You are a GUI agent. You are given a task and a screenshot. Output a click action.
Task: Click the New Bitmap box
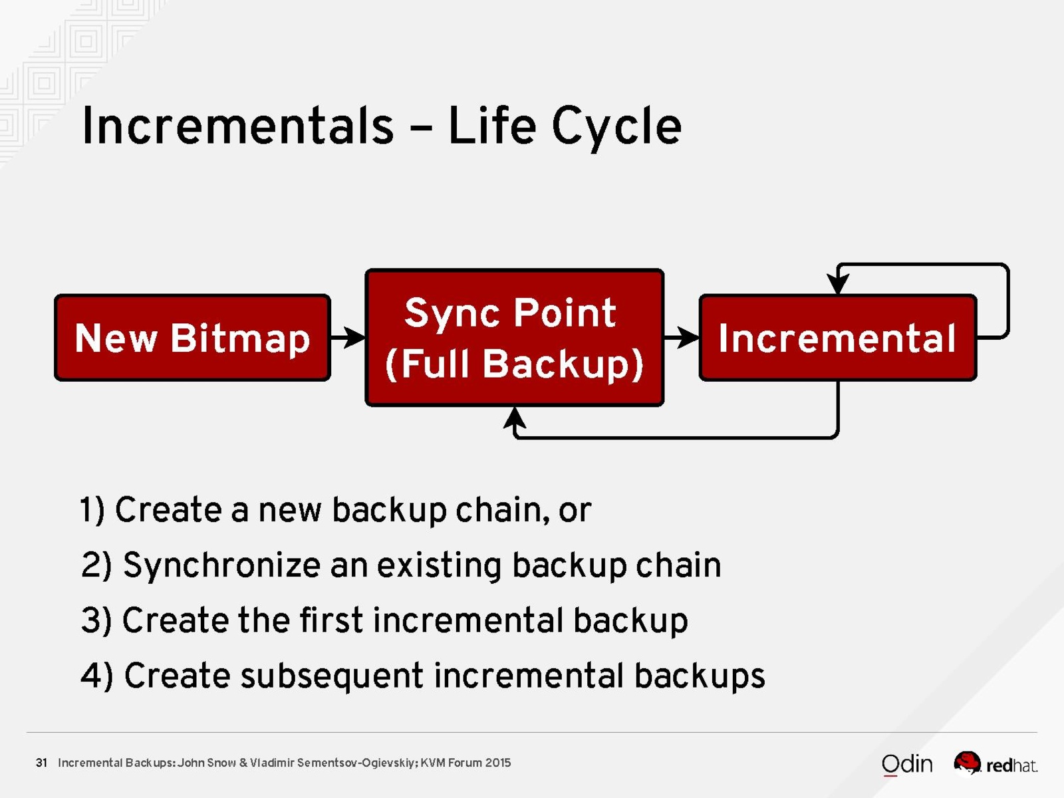(192, 338)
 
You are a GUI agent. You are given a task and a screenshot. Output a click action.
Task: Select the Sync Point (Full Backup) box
(514, 338)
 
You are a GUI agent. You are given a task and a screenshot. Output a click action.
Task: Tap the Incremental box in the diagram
(838, 338)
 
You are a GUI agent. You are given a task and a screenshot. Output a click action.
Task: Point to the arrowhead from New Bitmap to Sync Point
(354, 337)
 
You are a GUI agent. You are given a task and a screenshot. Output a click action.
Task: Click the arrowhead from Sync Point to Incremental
(688, 337)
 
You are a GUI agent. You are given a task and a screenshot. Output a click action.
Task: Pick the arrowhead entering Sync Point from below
(514, 418)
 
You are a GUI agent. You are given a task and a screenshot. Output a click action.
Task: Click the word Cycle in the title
(616, 127)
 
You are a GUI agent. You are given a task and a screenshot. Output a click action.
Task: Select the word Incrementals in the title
(238, 125)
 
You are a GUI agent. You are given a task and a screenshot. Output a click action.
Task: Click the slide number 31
(41, 763)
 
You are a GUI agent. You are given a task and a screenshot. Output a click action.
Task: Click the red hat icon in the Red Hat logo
(968, 763)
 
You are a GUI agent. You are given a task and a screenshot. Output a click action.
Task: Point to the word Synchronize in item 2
(221, 565)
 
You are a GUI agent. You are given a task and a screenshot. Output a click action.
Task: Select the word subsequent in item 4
(332, 676)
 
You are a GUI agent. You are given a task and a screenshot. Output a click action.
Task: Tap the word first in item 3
(332, 620)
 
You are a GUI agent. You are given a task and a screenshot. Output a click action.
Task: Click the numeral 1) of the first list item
(92, 510)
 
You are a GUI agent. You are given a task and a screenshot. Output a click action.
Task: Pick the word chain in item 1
(503, 509)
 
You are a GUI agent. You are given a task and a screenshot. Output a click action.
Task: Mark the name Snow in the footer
(221, 763)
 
